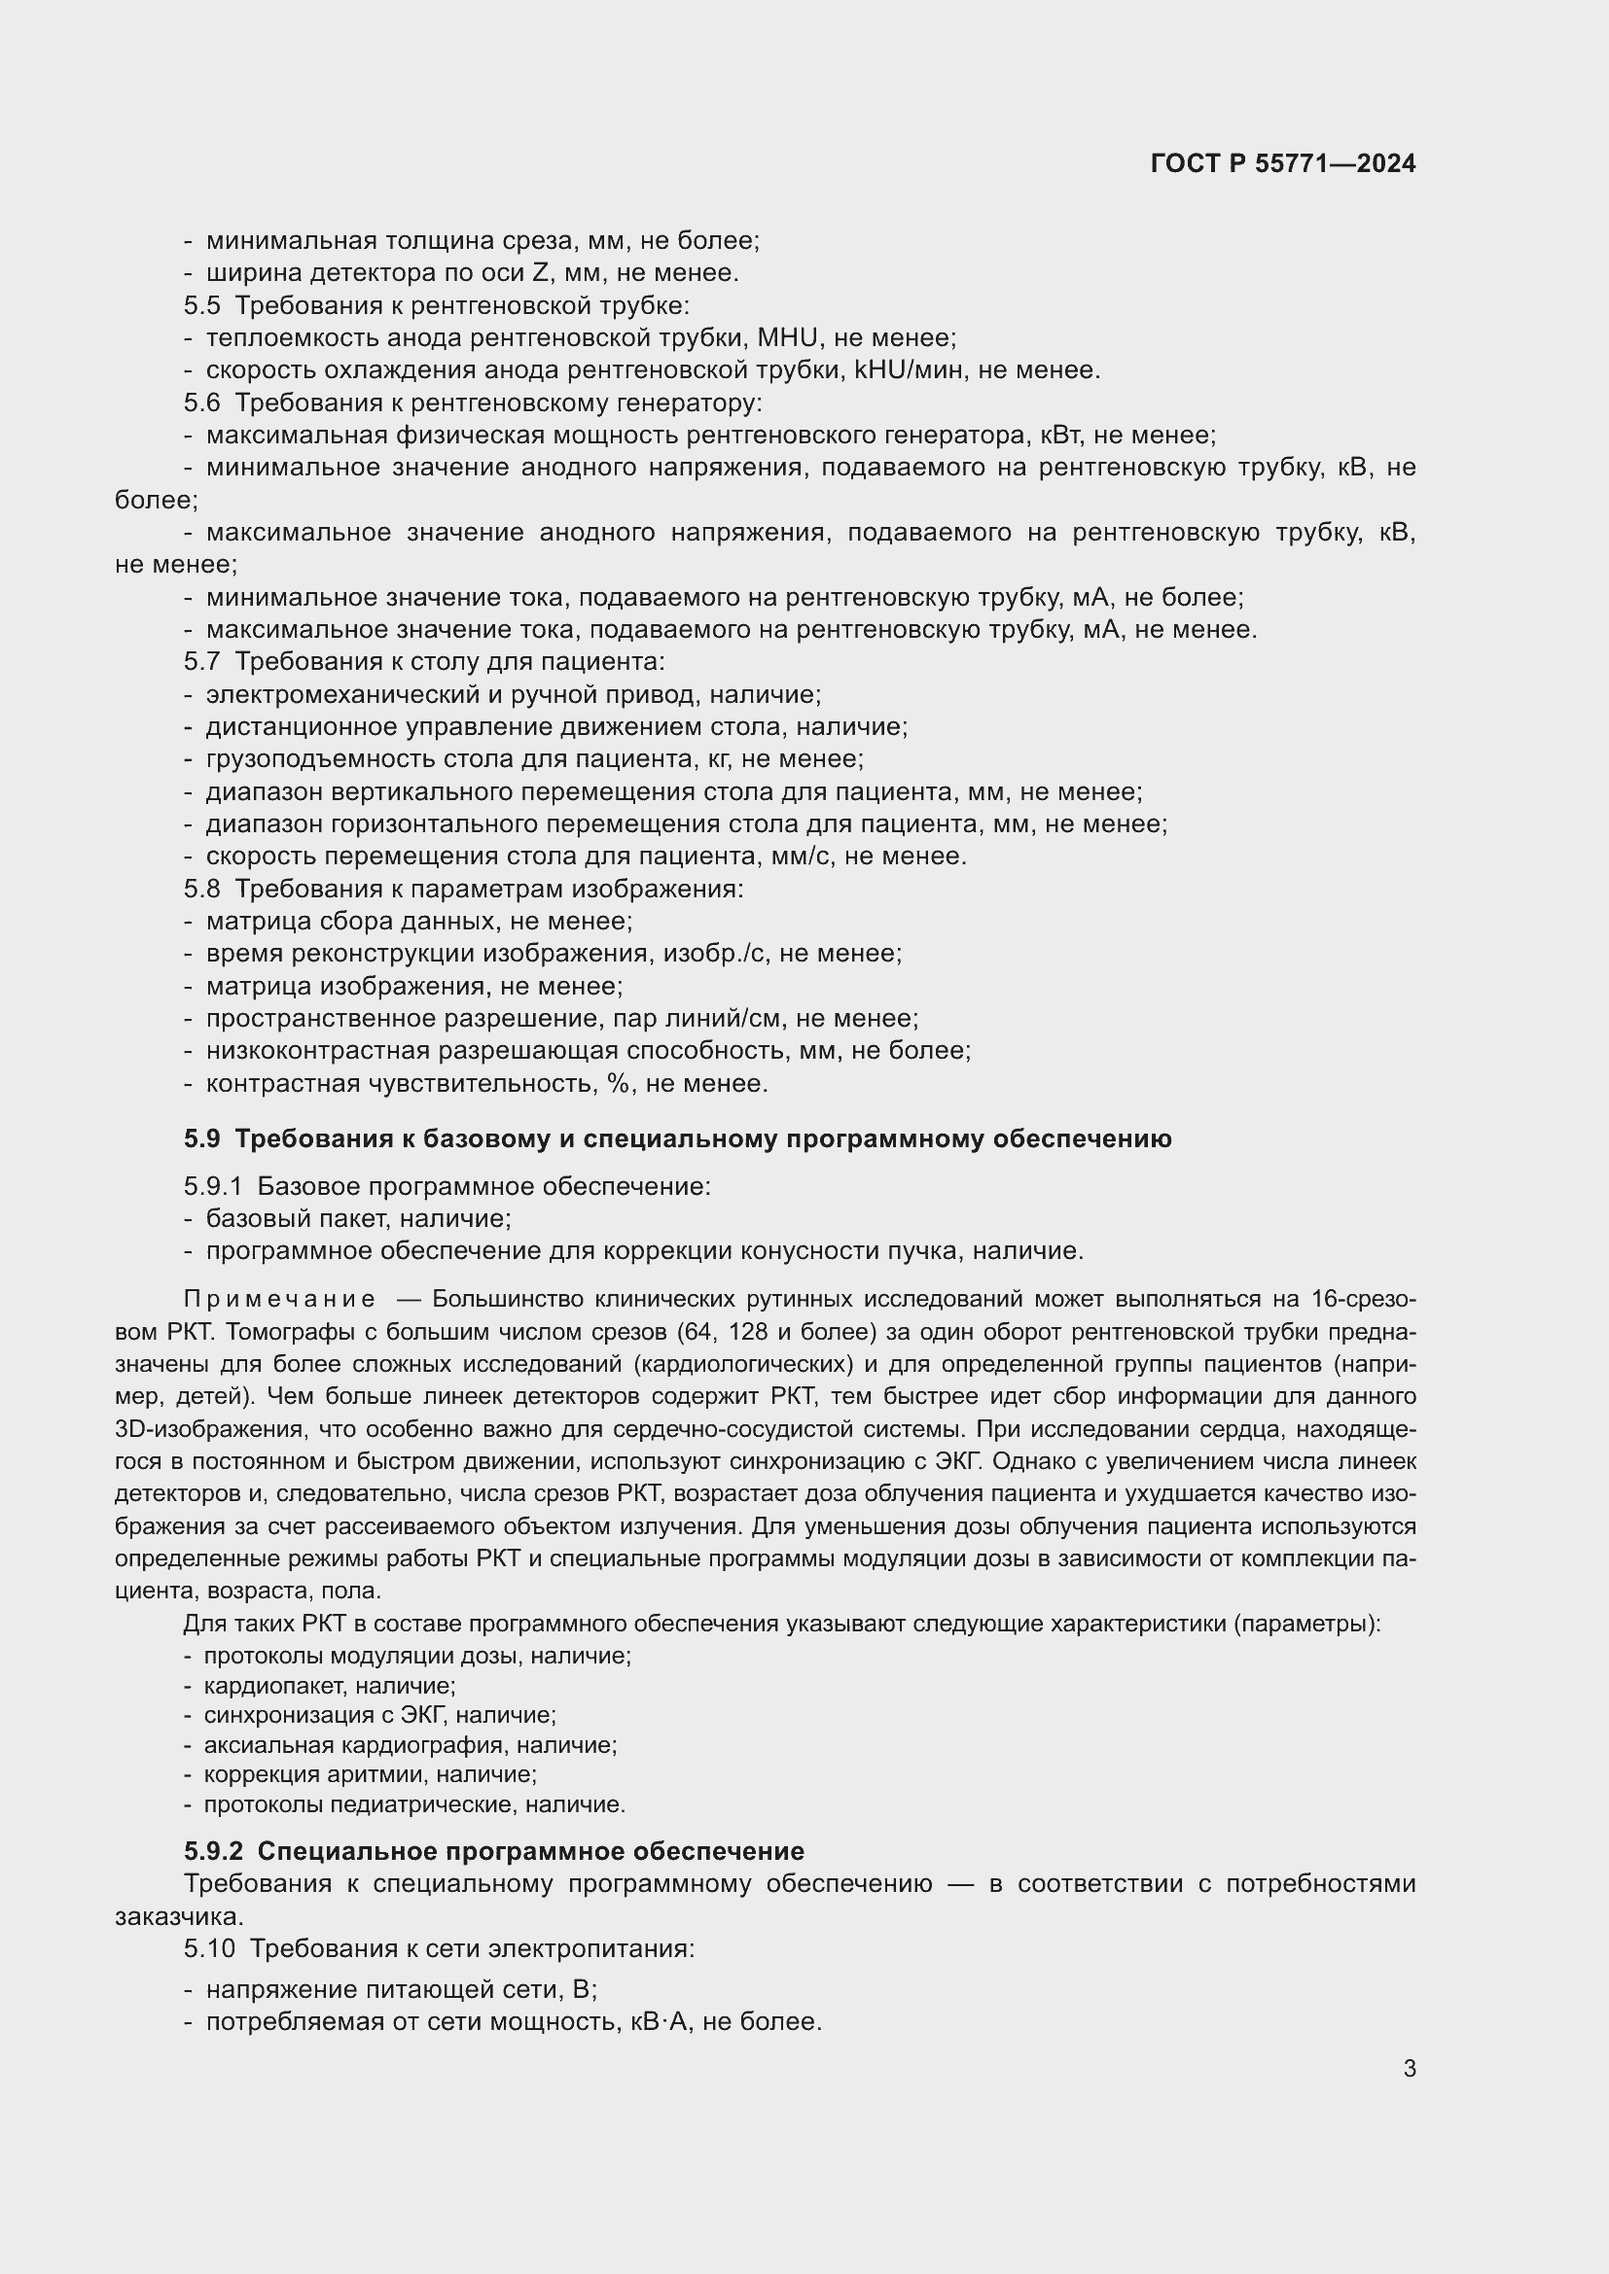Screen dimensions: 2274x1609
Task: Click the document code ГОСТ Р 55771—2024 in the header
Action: (1283, 164)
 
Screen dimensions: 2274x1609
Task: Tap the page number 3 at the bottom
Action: (1409, 2068)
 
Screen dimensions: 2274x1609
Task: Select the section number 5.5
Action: (201, 306)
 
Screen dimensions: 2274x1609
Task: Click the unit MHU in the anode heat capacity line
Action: (788, 338)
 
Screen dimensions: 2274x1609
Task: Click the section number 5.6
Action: (201, 403)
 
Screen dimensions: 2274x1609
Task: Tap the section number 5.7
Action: (201, 662)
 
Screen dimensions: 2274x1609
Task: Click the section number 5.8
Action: (201, 890)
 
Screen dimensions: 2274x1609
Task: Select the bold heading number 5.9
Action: (201, 1139)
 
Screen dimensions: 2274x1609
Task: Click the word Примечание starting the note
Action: (279, 1300)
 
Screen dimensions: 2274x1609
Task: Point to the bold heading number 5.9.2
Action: (213, 1851)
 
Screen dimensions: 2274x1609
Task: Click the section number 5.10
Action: (208, 1949)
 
